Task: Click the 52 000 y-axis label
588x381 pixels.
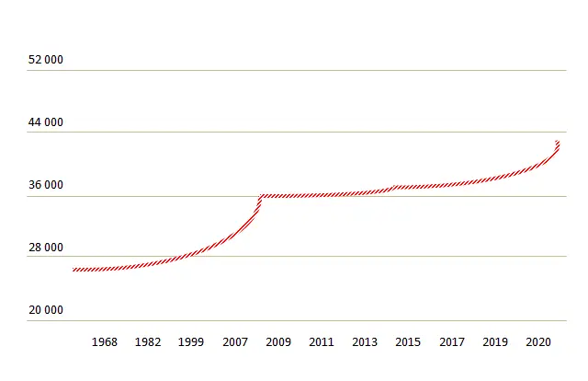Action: [46, 60]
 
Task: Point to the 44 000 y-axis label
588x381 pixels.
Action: [46, 122]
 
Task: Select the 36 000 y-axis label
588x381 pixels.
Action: [46, 185]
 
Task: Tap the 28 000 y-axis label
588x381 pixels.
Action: [46, 248]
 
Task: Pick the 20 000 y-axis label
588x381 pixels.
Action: [46, 310]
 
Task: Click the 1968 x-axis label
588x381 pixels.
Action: [105, 342]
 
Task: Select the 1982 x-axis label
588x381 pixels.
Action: [148, 342]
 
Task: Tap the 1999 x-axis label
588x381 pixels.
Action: [191, 342]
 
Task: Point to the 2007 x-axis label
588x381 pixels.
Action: [235, 342]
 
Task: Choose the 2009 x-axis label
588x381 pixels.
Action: [278, 342]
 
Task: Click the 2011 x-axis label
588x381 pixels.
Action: [322, 342]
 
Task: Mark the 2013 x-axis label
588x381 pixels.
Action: [365, 342]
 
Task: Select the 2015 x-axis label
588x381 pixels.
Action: [408, 342]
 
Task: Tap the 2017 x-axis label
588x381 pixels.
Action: [452, 342]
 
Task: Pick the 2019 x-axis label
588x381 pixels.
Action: [495, 342]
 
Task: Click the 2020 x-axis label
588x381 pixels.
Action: [538, 342]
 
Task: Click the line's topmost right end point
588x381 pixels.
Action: [558, 142]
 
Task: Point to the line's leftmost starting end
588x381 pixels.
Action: [73, 270]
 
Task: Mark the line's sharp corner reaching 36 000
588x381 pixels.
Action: [261, 196]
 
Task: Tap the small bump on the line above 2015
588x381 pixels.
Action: [395, 187]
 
